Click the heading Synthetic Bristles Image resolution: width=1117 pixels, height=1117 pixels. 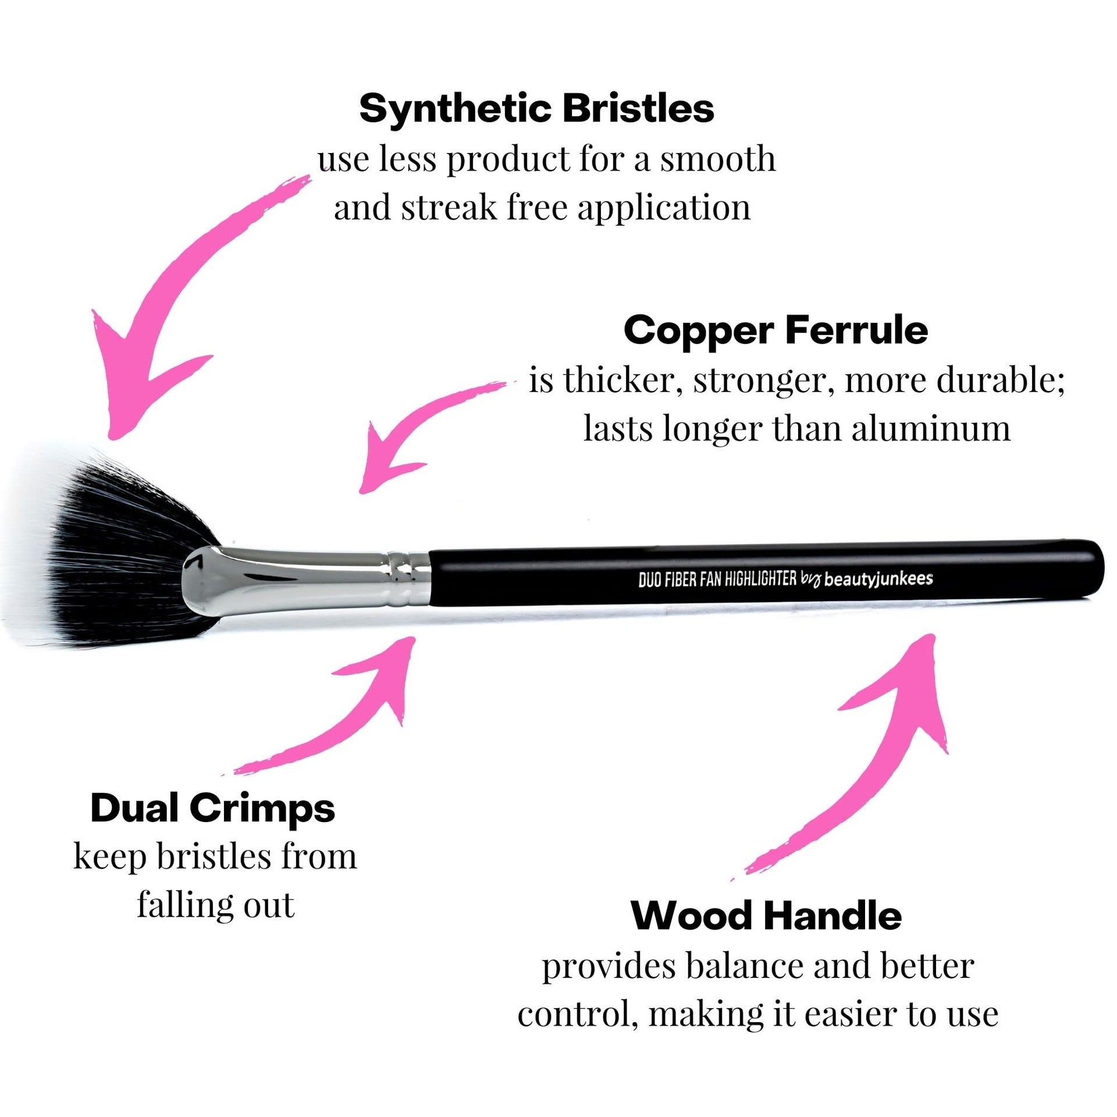[536, 109]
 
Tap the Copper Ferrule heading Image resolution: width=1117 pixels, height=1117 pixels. [776, 331]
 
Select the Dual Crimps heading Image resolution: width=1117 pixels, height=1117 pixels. [213, 809]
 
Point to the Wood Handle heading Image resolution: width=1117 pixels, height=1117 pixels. [766, 915]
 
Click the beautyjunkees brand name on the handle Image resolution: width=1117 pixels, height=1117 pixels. [879, 579]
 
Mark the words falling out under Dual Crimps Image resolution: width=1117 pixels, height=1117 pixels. [216, 905]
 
